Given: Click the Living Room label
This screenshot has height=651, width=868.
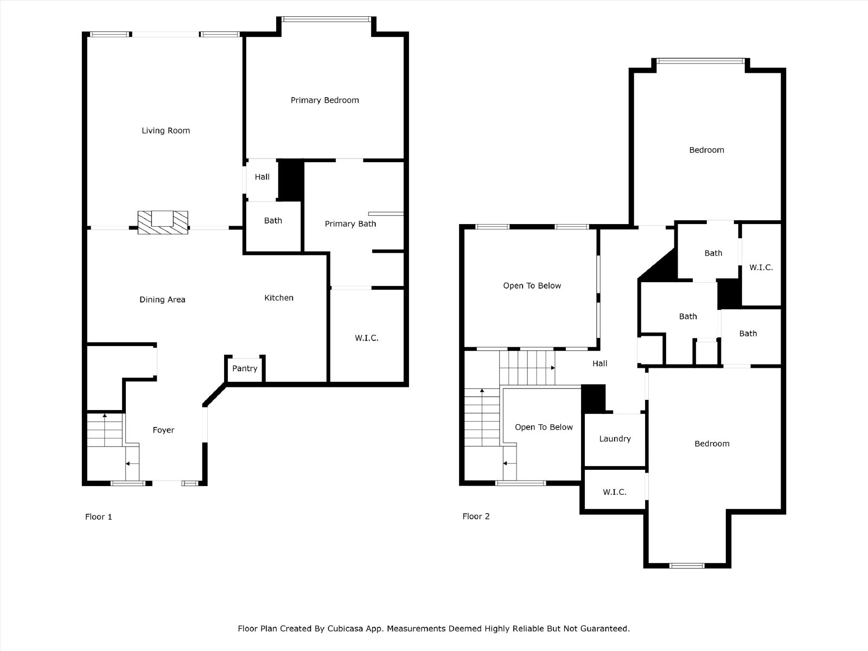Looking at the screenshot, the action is click(x=165, y=130).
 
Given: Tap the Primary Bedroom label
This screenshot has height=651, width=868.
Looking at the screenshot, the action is click(x=324, y=100).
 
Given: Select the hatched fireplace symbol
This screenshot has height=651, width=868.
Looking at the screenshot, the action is click(x=163, y=222).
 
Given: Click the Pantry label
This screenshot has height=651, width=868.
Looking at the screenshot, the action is click(x=245, y=368).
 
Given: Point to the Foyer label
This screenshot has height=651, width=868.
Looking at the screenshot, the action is click(x=163, y=430).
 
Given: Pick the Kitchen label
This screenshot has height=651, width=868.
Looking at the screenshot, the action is click(x=279, y=298).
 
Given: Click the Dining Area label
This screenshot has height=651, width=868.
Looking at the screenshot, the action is click(x=162, y=299).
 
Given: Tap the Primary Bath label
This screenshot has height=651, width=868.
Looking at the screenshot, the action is click(x=350, y=224).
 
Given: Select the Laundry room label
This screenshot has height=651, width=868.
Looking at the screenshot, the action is click(x=615, y=439).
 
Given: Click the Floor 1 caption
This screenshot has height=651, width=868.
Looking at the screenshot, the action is click(x=99, y=516).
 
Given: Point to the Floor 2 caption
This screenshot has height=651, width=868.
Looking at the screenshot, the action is click(x=476, y=516).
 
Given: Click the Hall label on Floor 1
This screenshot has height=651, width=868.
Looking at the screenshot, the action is click(x=262, y=177).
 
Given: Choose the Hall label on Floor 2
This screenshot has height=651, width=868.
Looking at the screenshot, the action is click(x=600, y=363).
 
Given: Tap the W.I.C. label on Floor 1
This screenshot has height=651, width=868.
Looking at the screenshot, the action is click(x=367, y=338).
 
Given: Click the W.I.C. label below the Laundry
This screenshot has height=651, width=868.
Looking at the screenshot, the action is click(x=615, y=492).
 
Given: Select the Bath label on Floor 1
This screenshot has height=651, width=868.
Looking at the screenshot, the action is click(x=273, y=221).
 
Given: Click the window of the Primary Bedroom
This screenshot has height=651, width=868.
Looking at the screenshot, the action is click(x=327, y=19).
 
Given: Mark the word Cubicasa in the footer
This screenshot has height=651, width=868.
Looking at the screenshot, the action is click(x=345, y=628).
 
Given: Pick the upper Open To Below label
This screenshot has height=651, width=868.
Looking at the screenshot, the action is click(x=532, y=286).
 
